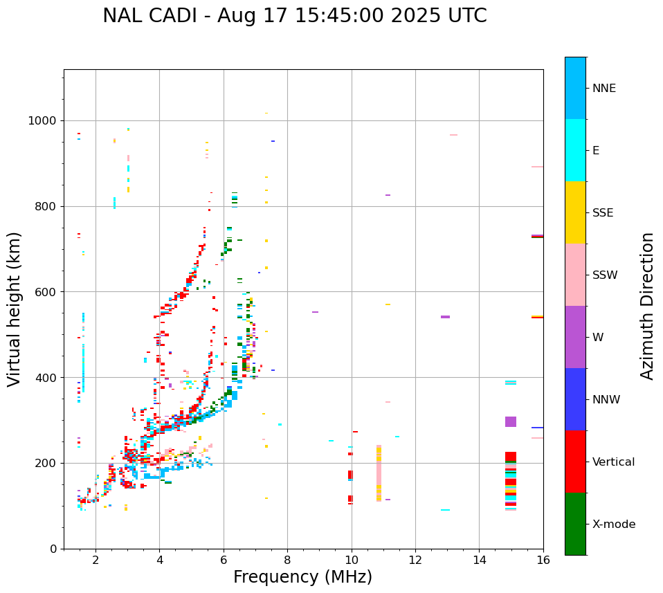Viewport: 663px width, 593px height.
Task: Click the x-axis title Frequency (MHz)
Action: point(302,577)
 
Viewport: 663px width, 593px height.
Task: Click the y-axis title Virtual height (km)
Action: point(15,309)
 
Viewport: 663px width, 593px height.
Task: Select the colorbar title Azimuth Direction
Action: point(647,306)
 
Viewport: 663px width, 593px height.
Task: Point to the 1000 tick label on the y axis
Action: point(42,121)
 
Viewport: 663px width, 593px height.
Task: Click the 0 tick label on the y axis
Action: point(53,549)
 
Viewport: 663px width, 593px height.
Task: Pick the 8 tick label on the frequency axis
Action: point(287,559)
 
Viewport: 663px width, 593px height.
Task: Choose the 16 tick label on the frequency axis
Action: point(543,559)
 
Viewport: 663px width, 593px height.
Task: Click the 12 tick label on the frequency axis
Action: point(415,559)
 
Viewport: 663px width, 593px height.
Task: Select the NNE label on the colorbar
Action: point(603,89)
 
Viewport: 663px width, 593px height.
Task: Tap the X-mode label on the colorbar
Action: point(614,524)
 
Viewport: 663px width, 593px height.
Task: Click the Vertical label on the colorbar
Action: point(613,462)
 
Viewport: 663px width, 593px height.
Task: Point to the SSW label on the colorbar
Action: point(605,275)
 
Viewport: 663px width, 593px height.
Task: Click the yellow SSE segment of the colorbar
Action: point(575,212)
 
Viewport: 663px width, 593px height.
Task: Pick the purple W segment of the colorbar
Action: point(575,337)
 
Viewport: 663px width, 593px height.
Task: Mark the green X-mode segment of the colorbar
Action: point(575,524)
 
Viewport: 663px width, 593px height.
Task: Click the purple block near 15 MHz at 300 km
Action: point(511,421)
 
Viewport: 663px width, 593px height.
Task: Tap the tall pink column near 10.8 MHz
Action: point(379,473)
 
